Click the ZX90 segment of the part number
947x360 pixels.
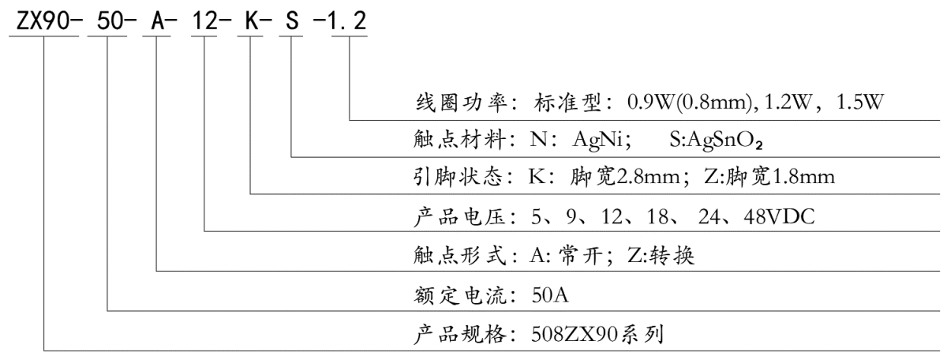pos(43,21)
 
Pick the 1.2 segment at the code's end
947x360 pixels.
pos(347,21)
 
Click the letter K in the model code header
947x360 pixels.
pos(252,21)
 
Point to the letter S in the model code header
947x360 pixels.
pos(292,21)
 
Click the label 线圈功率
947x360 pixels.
pos(461,102)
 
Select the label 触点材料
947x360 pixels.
pos(459,139)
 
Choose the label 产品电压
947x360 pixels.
pos(459,216)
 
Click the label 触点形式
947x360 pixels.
pos(459,255)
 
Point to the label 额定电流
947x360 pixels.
pos(459,294)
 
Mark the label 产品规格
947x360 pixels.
pos(459,335)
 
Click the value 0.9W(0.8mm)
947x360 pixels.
pos(691,103)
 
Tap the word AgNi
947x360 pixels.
pos(598,140)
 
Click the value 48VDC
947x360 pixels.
pos(779,216)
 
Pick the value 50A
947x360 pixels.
pos(550,294)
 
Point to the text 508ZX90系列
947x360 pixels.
pos(597,335)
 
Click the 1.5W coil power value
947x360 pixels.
pos(860,102)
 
